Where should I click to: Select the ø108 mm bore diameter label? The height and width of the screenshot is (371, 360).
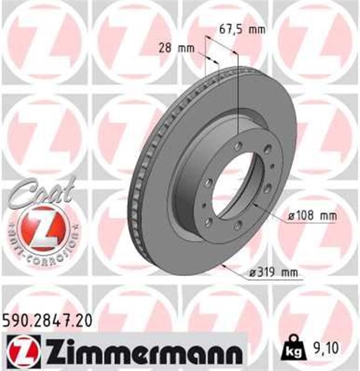tap(312, 216)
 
